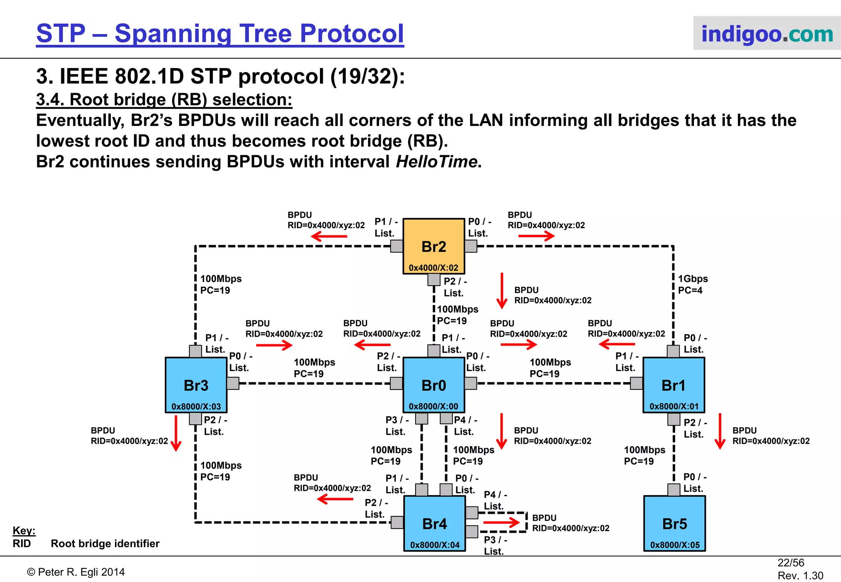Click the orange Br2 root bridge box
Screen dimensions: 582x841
pos(434,245)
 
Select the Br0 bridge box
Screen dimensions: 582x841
pos(434,385)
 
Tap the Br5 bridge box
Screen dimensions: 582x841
pos(674,523)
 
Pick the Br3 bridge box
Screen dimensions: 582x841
pos(196,385)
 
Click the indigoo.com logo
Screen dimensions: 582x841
pos(767,33)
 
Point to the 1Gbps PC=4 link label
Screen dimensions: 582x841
pos(692,284)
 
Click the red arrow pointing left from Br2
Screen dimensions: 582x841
pos(329,236)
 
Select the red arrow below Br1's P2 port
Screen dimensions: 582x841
pos(720,431)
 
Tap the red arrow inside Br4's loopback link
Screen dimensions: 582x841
pos(501,522)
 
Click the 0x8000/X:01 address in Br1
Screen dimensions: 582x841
pos(674,406)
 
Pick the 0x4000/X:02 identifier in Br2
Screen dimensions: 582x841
pos(433,268)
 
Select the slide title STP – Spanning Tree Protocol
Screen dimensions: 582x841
pos(220,33)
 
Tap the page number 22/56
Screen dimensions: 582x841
pos(790,563)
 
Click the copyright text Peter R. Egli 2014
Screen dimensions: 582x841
pos(76,572)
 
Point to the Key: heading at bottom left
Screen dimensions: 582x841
pos(24,530)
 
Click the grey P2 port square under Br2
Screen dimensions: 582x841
pos(434,280)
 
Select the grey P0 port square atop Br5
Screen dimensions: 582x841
pos(673,490)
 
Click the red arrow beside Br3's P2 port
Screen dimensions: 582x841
pos(176,433)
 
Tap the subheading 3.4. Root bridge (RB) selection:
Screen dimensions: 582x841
pos(164,99)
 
